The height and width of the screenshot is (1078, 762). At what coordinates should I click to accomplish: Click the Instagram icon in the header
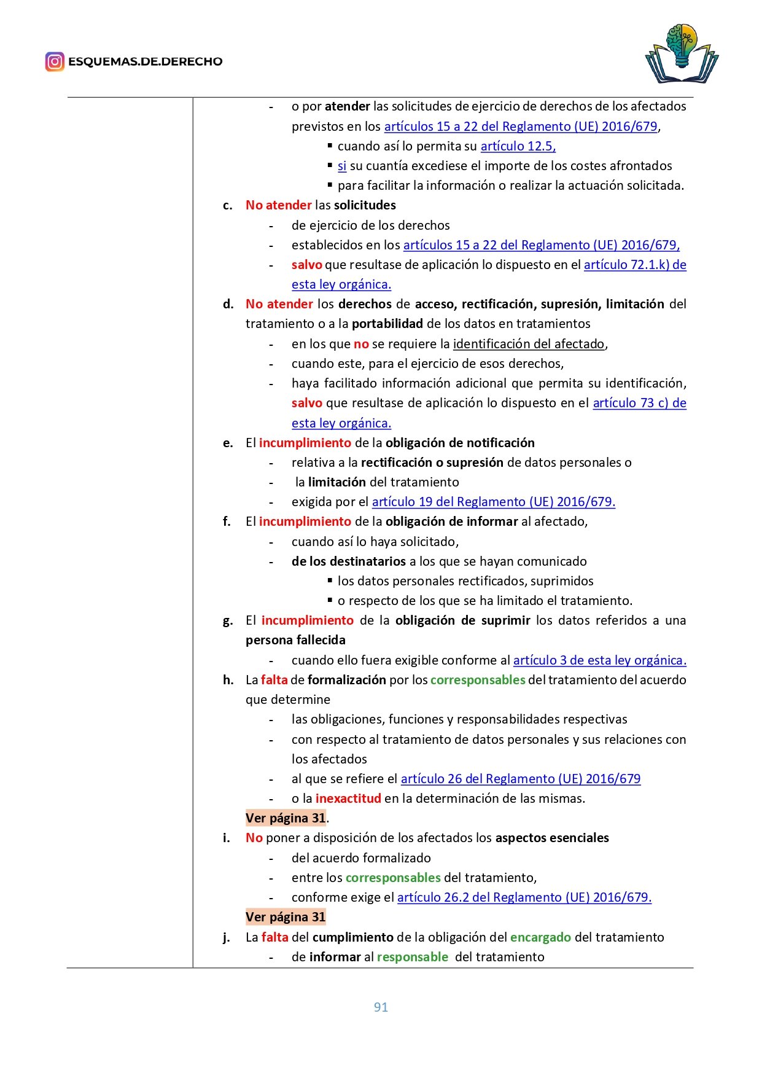tap(55, 61)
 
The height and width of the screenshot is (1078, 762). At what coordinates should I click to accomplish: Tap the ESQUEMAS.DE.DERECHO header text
tap(145, 61)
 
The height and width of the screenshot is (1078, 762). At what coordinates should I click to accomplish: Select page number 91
tap(381, 1007)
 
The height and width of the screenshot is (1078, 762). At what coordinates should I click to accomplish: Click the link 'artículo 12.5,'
tap(518, 146)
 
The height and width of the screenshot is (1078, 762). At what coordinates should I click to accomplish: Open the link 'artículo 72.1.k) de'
tap(635, 265)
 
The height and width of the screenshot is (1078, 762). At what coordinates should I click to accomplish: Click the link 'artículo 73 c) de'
tap(639, 403)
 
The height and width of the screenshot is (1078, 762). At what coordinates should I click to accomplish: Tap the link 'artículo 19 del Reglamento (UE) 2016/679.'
tap(494, 502)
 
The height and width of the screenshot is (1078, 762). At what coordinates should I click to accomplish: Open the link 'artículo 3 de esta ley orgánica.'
tap(600, 660)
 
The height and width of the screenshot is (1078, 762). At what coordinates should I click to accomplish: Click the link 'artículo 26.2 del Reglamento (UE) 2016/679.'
tap(524, 897)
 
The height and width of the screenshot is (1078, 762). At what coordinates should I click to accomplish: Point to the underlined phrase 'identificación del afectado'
tap(529, 344)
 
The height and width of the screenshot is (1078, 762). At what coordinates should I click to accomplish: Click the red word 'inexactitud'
tap(348, 799)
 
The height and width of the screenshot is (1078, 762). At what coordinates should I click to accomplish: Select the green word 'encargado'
tap(540, 937)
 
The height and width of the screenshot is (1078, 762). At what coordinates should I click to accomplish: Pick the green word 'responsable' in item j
tap(413, 957)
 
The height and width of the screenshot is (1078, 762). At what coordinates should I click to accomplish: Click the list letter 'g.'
tap(228, 620)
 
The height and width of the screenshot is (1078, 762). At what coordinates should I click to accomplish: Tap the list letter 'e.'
tap(228, 443)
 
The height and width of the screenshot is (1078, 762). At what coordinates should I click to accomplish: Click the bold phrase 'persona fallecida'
tap(295, 640)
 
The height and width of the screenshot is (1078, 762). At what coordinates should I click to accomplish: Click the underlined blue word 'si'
tap(342, 166)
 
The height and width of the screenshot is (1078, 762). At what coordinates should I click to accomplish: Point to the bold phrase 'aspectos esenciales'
tap(552, 838)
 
